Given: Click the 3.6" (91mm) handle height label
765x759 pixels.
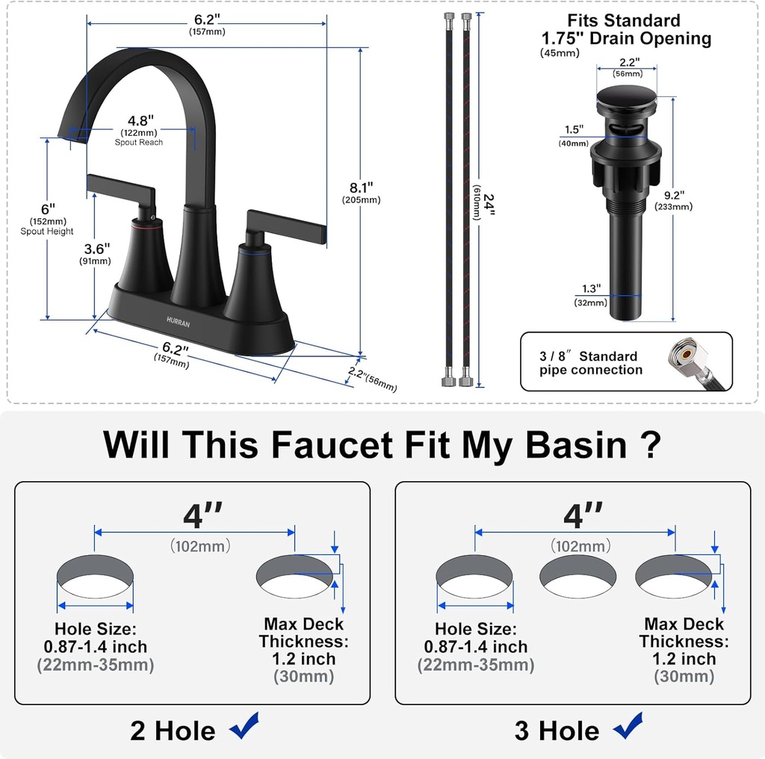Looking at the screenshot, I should pyautogui.click(x=96, y=248).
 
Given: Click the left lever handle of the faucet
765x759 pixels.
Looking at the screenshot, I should pyautogui.click(x=120, y=188).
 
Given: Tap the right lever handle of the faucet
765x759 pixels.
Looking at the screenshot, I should pyautogui.click(x=288, y=225).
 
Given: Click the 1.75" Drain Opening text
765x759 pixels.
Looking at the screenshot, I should pyautogui.click(x=626, y=38).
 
